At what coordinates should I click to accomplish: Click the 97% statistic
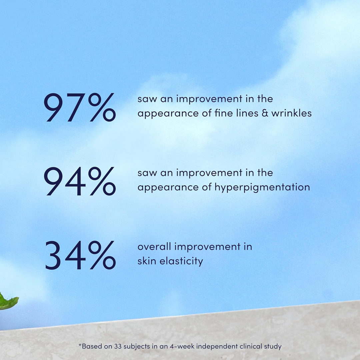tap(80, 107)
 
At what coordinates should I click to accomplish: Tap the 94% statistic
tap(80, 181)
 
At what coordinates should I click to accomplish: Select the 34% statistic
tap(80, 255)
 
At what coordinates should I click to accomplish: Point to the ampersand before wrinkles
tap(265, 113)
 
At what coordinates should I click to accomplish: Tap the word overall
tap(154, 247)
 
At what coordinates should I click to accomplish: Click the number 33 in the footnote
tap(118, 346)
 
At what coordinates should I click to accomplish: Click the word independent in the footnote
tap(217, 347)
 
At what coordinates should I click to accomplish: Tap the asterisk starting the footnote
tap(80, 345)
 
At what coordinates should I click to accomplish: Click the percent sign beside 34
tap(102, 255)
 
